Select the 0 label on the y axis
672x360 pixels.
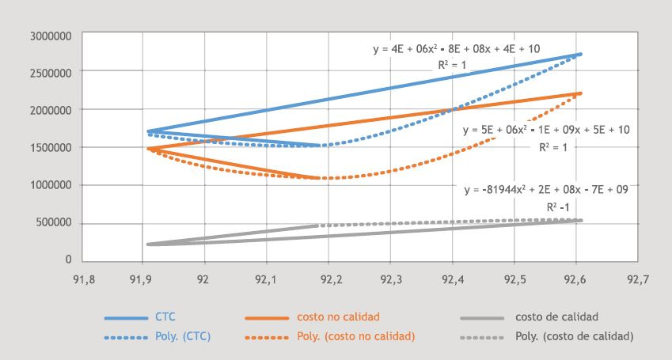69,260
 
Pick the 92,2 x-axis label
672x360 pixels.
328,279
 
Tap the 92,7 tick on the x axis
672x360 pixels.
636,279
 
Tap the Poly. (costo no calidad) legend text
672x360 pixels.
355,336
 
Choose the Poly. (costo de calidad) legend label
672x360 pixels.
575,336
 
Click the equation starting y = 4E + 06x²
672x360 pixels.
457,49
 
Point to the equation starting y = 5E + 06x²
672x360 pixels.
546,129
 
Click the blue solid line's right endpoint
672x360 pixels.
581,54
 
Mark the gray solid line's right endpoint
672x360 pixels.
581,220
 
